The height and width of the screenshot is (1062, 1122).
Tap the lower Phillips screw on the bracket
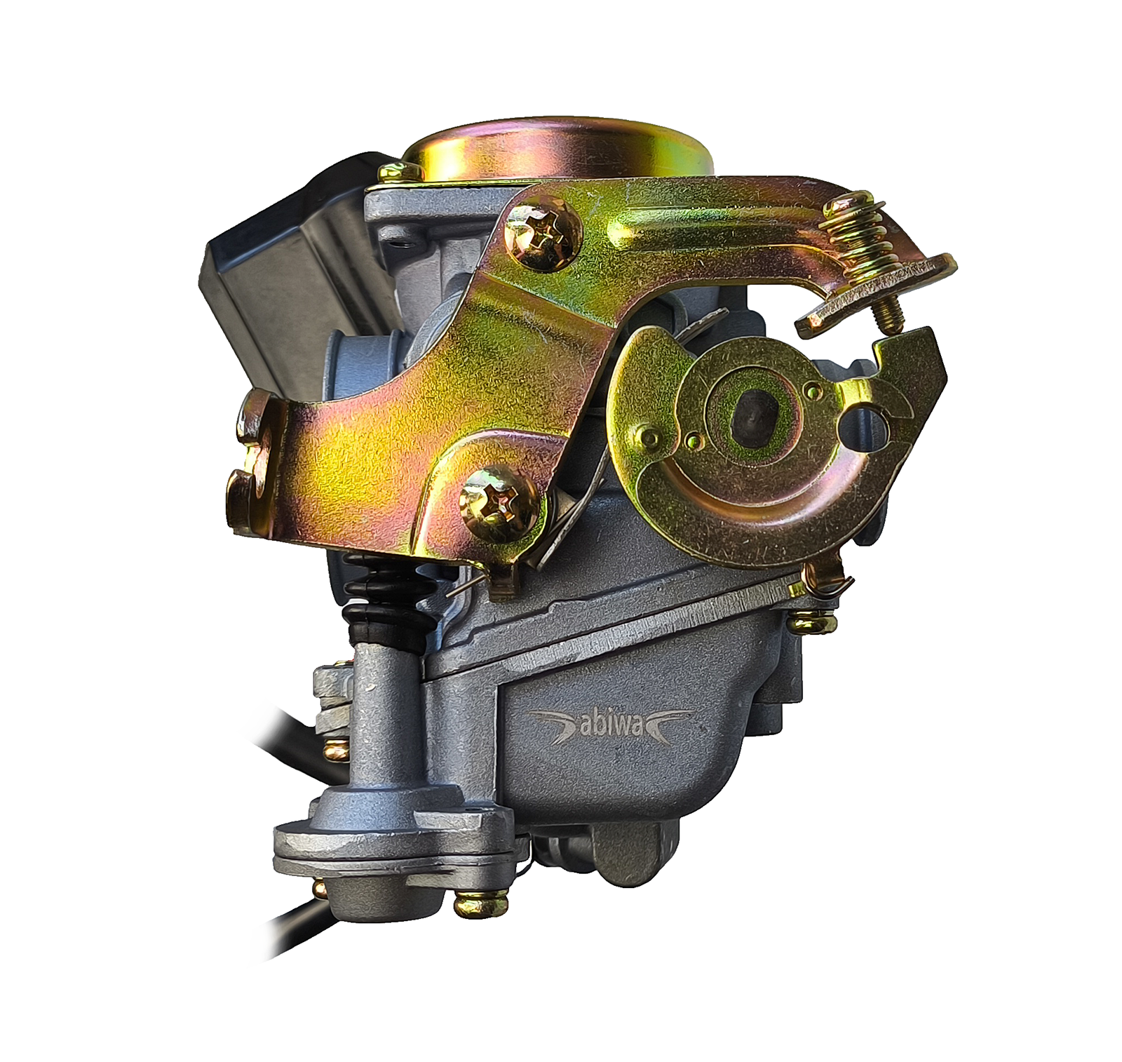(x=501, y=504)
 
